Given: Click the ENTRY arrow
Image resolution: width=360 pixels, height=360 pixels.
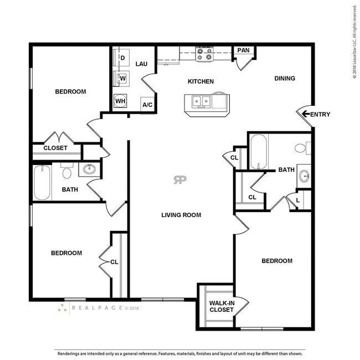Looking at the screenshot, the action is (x=306, y=114).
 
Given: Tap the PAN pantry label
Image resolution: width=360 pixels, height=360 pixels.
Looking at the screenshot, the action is (x=243, y=50).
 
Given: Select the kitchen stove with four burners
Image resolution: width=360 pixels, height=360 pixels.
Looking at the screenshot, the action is (x=204, y=54).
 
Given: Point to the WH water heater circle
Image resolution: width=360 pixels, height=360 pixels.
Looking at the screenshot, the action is (x=120, y=101).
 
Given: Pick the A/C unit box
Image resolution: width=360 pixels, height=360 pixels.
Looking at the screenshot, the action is (x=147, y=105).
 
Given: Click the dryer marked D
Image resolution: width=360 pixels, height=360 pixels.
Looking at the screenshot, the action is (x=121, y=58).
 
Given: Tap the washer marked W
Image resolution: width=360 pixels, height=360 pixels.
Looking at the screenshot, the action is (x=121, y=79).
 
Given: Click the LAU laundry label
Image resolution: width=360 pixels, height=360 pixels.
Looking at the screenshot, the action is (x=141, y=64).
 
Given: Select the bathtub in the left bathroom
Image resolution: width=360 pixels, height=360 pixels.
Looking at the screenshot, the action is (x=42, y=182).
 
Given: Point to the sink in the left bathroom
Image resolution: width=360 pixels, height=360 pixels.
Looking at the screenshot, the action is (x=90, y=169).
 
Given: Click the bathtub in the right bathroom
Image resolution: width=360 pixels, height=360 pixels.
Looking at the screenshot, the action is (x=259, y=152).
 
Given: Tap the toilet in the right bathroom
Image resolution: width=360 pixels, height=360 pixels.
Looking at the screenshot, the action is (x=302, y=148).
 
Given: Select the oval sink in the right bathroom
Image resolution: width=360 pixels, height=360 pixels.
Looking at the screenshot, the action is (x=305, y=176).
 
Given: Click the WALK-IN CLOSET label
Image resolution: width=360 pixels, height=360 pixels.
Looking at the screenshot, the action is (x=222, y=306).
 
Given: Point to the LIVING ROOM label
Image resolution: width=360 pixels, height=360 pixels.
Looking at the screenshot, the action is (x=181, y=215).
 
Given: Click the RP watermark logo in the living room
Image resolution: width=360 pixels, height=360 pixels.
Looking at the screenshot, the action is (x=180, y=180).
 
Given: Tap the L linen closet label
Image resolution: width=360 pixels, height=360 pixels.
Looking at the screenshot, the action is (x=298, y=200).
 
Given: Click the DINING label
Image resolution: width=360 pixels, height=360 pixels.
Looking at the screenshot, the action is (x=285, y=78).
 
